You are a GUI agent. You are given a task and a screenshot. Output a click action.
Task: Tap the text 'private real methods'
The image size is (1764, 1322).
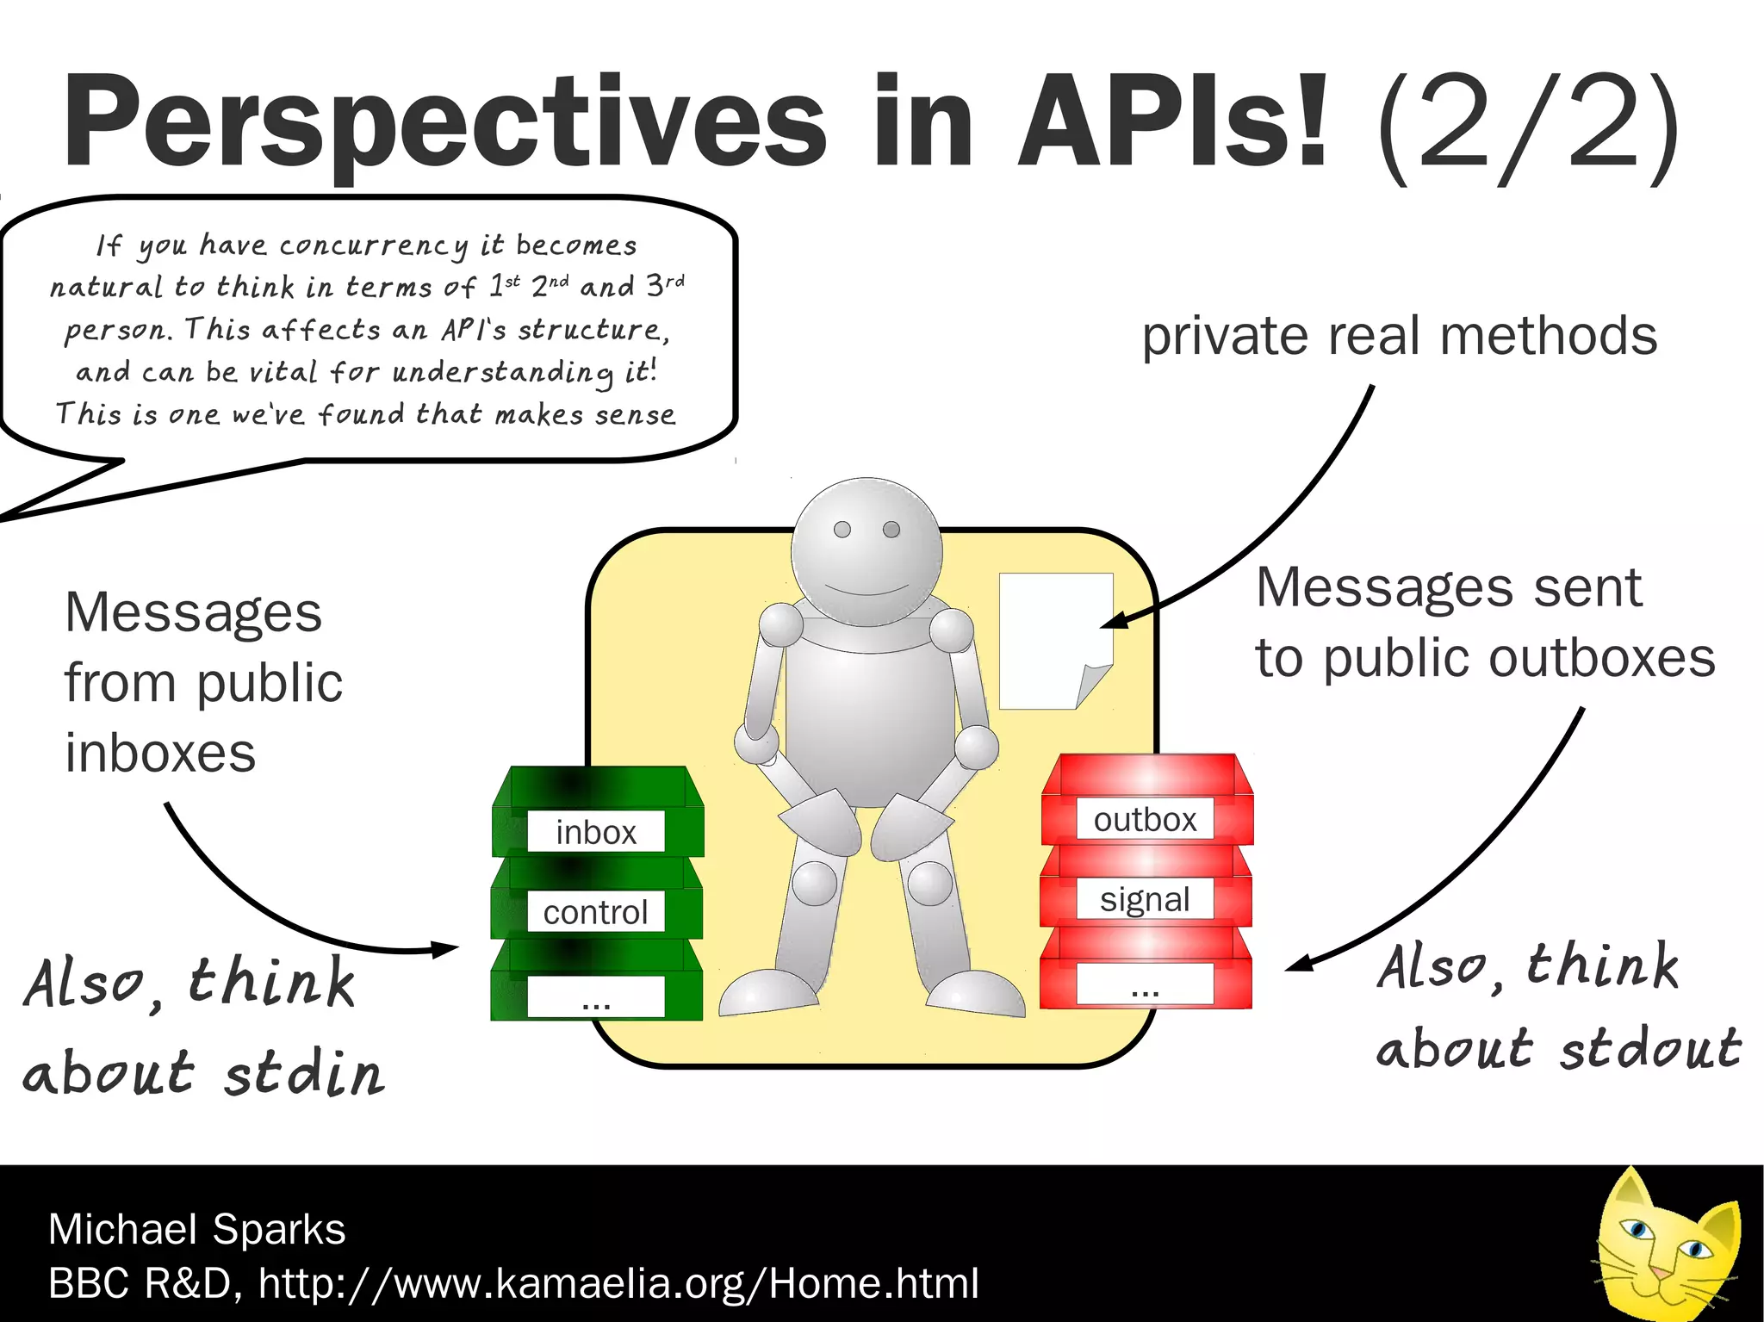[1399, 336]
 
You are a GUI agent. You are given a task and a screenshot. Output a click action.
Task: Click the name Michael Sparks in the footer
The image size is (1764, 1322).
[196, 1229]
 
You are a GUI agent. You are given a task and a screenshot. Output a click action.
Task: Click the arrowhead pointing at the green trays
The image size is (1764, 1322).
[446, 949]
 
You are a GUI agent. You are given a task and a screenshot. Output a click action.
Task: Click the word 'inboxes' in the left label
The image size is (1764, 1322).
[160, 753]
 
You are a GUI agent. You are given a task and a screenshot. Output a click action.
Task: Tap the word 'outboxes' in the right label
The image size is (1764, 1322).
[1604, 659]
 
